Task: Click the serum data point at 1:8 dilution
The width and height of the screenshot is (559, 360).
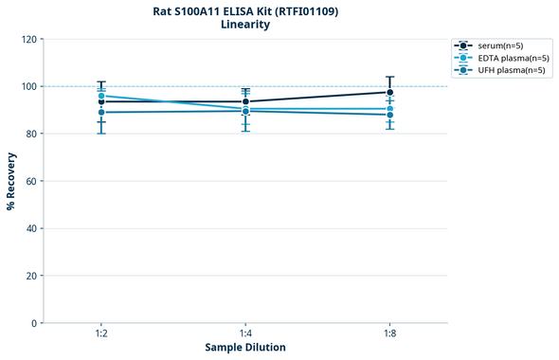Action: pyautogui.click(x=389, y=92)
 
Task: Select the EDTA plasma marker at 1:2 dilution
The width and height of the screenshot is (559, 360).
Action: pyautogui.click(x=101, y=96)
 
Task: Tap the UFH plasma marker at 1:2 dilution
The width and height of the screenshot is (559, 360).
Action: pyautogui.click(x=101, y=113)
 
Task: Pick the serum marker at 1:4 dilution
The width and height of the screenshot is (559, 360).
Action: pyautogui.click(x=245, y=101)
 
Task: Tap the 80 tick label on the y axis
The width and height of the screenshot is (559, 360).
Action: pyautogui.click(x=30, y=134)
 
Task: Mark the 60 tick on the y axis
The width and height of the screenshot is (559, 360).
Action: pyautogui.click(x=30, y=181)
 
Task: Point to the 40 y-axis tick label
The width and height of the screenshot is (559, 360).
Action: pyautogui.click(x=30, y=228)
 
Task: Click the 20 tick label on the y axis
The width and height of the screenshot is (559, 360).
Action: pyautogui.click(x=30, y=276)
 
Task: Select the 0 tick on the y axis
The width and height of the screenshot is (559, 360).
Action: pyautogui.click(x=33, y=323)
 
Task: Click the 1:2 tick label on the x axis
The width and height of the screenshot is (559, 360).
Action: pyautogui.click(x=101, y=333)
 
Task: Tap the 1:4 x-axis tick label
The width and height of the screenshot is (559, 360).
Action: pyautogui.click(x=245, y=333)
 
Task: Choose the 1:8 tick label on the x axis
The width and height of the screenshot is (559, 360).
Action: pyautogui.click(x=389, y=333)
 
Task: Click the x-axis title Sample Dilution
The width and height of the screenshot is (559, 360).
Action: pyautogui.click(x=245, y=348)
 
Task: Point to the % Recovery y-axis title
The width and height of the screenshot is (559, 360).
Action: pyautogui.click(x=10, y=181)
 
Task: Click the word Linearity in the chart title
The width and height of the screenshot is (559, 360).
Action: pyautogui.click(x=245, y=25)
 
